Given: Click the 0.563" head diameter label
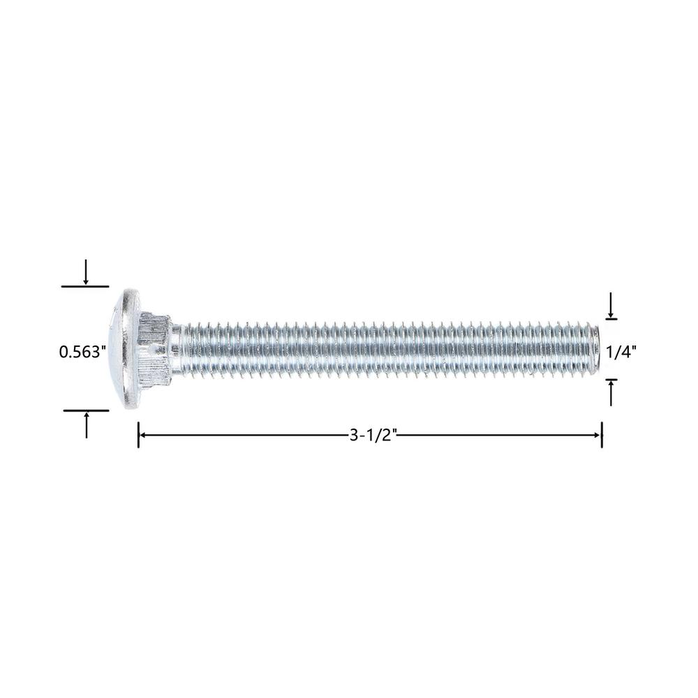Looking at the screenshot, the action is (83, 352).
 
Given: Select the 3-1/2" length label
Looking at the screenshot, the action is (373, 435).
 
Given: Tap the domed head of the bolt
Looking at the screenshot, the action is (124, 348).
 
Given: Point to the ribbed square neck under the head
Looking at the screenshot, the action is (154, 348).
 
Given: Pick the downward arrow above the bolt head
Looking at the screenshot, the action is (86, 272).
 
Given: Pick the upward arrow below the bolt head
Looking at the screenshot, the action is (87, 424).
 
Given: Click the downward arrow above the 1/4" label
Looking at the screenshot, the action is (611, 305).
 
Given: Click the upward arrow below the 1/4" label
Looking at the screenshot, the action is (611, 393).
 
